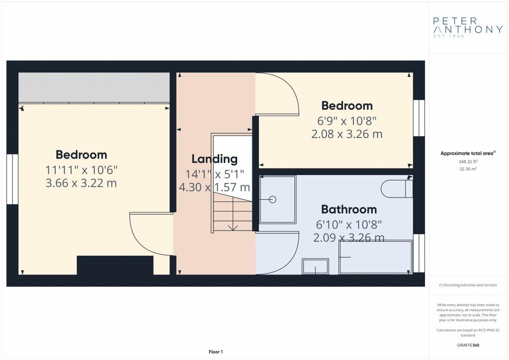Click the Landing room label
pyautogui.click(x=215, y=159)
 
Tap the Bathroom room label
pyautogui.click(x=349, y=209)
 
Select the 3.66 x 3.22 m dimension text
pyautogui.click(x=81, y=183)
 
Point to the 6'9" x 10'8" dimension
pyautogui.click(x=346, y=121)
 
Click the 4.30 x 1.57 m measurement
pyautogui.click(x=215, y=187)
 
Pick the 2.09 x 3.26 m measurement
pyautogui.click(x=349, y=238)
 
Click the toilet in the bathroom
pyautogui.click(x=397, y=188)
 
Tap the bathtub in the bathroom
pyautogui.click(x=376, y=257)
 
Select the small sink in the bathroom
pyautogui.click(x=315, y=266)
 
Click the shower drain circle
pyautogui.click(x=273, y=199)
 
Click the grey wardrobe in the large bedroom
pyautogui.click(x=94, y=87)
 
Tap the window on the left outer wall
pyautogui.click(x=12, y=179)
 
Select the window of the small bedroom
pyautogui.click(x=419, y=118)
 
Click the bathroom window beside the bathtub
pyautogui.click(x=419, y=253)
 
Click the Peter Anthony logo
pyautogui.click(x=468, y=27)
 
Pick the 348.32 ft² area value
pyautogui.click(x=468, y=161)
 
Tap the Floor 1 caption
pyautogui.click(x=216, y=352)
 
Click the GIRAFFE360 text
pyautogui.click(x=468, y=345)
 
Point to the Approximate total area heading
pyautogui.click(x=468, y=153)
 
